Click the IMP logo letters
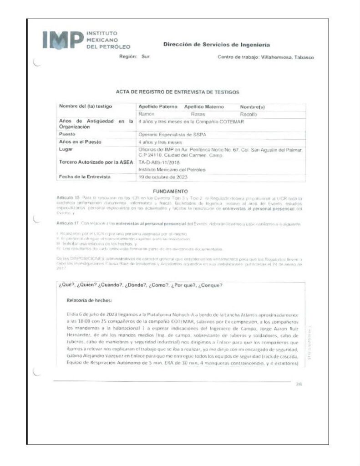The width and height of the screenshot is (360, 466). [62, 41]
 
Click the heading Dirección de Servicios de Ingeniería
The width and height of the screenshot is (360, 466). [216, 45]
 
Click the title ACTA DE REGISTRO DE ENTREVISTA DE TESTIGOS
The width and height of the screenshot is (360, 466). [177, 92]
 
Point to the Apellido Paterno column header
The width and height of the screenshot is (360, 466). [158, 106]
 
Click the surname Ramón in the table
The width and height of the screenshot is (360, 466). [146, 114]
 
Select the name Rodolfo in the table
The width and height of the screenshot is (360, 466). [248, 114]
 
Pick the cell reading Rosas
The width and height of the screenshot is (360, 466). [198, 114]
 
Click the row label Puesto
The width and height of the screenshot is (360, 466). [67, 135]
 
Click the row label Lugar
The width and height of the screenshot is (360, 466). [66, 149]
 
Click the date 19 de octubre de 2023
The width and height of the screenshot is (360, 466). [162, 177]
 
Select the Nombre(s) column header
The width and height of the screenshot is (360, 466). [252, 106]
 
